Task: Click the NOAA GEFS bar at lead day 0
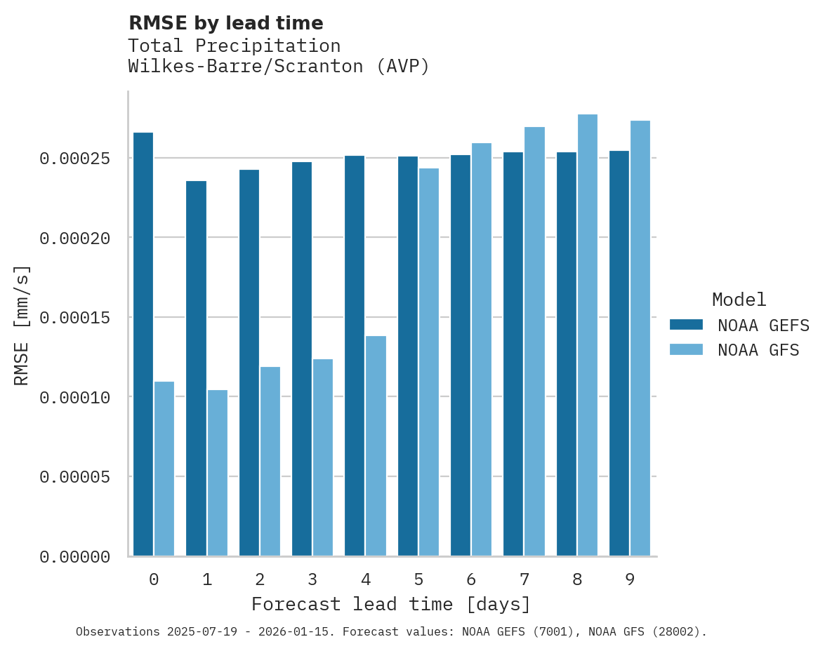click(x=143, y=344)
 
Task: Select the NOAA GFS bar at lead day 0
click(x=164, y=469)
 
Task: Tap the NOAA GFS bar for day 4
click(x=376, y=446)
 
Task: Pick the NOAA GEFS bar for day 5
click(x=408, y=356)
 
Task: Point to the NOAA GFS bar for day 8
click(x=588, y=335)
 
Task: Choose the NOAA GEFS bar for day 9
click(x=619, y=354)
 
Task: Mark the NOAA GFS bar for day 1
click(x=218, y=473)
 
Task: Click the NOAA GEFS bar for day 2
click(x=249, y=363)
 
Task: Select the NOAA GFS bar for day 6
click(x=482, y=349)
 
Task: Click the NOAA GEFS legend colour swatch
click(x=687, y=324)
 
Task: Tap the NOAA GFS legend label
click(x=758, y=350)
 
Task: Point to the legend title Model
click(x=739, y=300)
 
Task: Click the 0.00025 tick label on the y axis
click(x=74, y=159)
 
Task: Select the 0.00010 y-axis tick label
click(x=74, y=398)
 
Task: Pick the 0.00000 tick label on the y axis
click(x=74, y=557)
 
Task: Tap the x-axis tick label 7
click(x=524, y=579)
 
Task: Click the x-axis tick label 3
click(x=312, y=579)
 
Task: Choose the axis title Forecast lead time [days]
click(x=391, y=604)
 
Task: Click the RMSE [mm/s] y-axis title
click(x=22, y=325)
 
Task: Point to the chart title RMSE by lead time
click(x=226, y=23)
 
